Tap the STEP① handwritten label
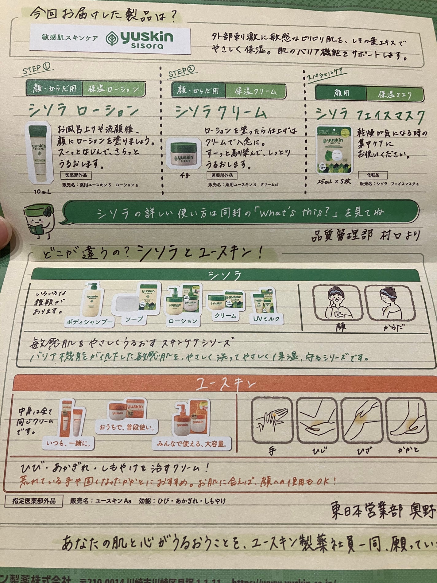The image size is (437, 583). click(36, 68)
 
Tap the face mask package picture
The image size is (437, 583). click(334, 150)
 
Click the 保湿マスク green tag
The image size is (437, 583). click(395, 94)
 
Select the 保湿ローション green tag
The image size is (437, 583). click(114, 89)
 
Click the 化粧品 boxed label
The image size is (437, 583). click(373, 175)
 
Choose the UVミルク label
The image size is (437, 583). click(266, 319)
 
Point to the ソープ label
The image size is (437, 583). click(134, 320)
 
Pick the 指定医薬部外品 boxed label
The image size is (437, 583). click(34, 501)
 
